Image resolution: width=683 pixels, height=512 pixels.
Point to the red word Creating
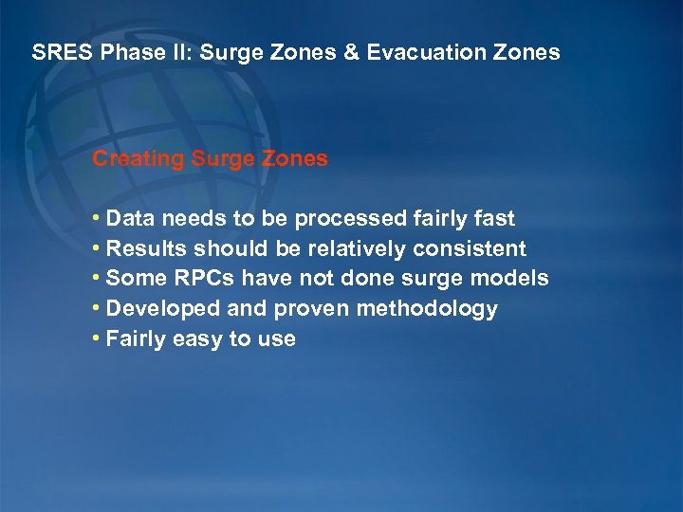(x=138, y=159)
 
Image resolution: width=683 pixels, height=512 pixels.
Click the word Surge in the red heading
(x=219, y=159)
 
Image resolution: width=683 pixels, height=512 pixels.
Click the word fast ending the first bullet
(x=493, y=219)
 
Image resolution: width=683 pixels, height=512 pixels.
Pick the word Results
(x=147, y=249)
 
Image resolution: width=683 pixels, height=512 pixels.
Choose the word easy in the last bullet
(x=195, y=339)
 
